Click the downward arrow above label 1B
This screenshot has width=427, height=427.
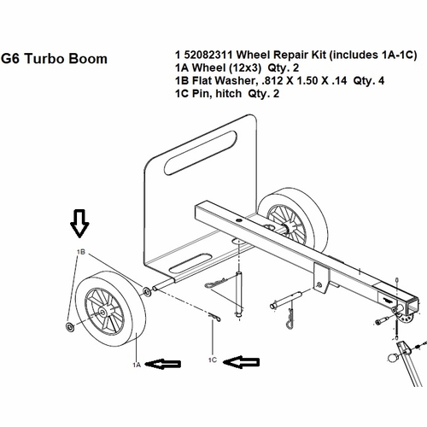pos(79,224)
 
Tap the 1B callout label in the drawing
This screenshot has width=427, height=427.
pos(82,253)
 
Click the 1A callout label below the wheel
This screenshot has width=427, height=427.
pos(136,365)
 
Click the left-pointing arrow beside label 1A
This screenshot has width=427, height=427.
pos(164,364)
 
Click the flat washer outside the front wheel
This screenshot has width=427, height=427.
pos(69,328)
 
